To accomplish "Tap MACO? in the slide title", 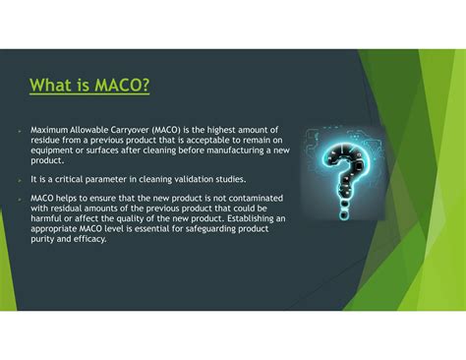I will click(120, 87).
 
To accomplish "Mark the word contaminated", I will click(247, 197).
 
